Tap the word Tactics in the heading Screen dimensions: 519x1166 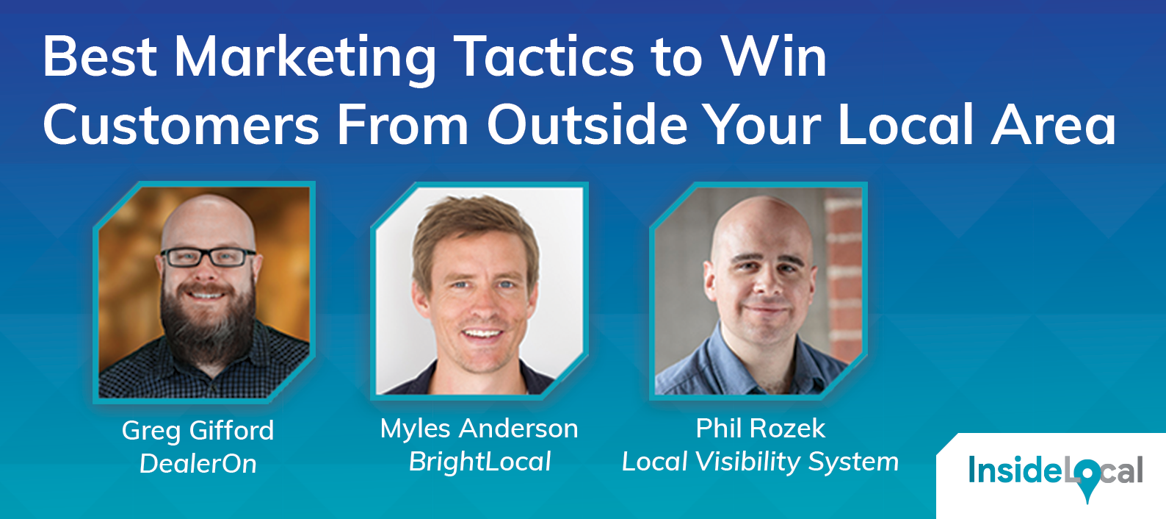coord(543,57)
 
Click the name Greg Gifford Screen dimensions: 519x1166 coord(198,431)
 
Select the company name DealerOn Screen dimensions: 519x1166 coord(198,464)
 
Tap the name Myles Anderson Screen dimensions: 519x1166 coord(479,429)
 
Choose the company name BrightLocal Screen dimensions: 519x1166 coord(479,462)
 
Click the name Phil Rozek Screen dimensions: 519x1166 coord(760,429)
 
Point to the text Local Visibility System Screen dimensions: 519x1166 coord(760,462)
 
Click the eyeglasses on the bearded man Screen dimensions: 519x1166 coord(207,257)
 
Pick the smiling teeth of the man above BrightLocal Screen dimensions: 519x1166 coord(482,334)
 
